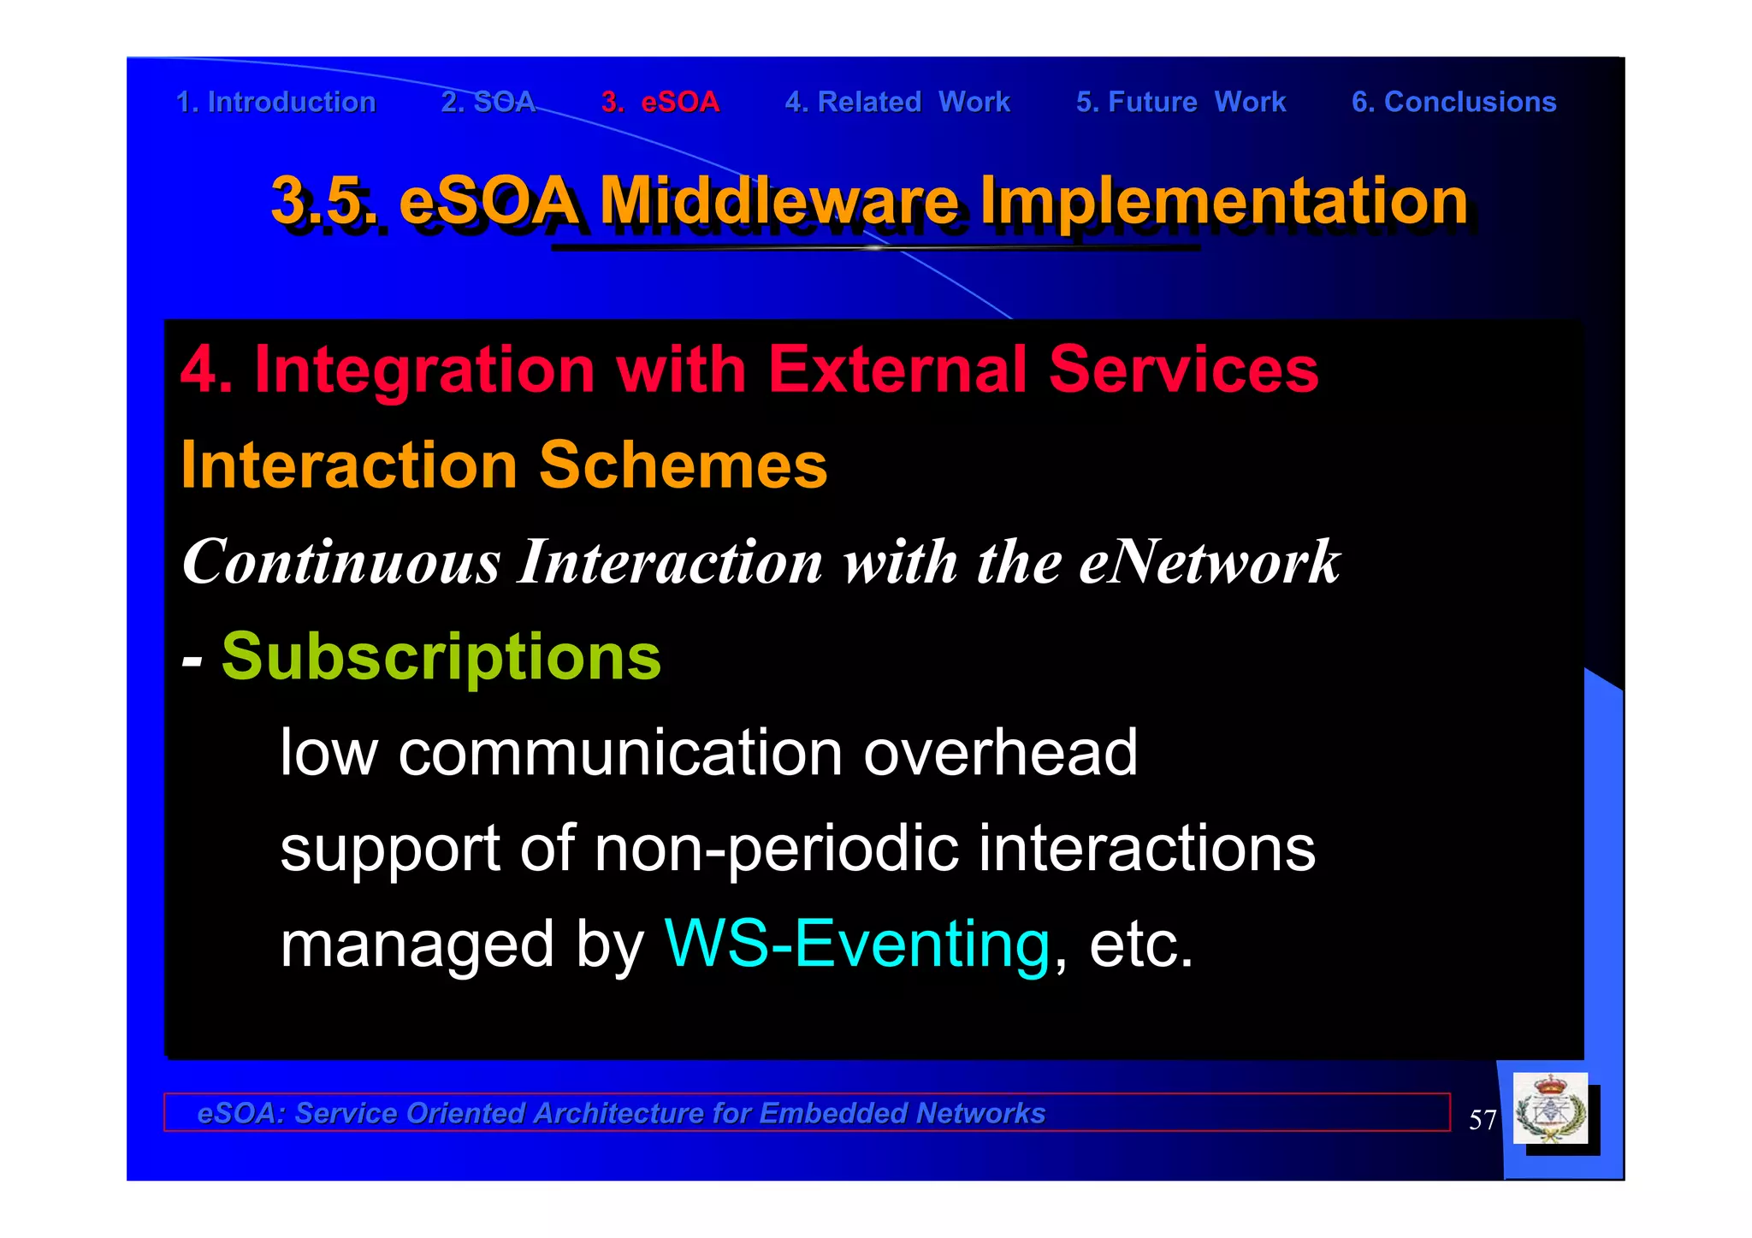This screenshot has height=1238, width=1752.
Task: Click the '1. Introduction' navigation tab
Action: pyautogui.click(x=275, y=102)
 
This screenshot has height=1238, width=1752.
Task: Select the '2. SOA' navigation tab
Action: pyautogui.click(x=488, y=102)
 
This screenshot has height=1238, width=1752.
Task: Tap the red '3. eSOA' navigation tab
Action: pyautogui.click(x=660, y=102)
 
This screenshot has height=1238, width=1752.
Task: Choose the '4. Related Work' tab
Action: pyautogui.click(x=897, y=102)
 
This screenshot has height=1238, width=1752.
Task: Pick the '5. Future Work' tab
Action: pyautogui.click(x=1181, y=102)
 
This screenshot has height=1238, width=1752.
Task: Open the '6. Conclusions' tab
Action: pyautogui.click(x=1453, y=102)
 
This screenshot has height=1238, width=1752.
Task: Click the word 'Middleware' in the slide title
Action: pyautogui.click(x=778, y=200)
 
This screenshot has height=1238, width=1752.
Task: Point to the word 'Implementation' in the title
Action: pyautogui.click(x=1223, y=200)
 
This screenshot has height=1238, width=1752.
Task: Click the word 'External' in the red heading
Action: pyautogui.click(x=897, y=370)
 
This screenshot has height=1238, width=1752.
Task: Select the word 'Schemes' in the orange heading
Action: pyautogui.click(x=683, y=465)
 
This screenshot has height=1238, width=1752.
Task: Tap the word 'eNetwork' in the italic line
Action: pyautogui.click(x=1209, y=562)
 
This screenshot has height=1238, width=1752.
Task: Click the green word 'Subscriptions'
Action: pyautogui.click(x=441, y=657)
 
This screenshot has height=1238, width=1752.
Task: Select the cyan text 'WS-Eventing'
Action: pyautogui.click(x=857, y=944)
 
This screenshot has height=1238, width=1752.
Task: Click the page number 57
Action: pyautogui.click(x=1482, y=1120)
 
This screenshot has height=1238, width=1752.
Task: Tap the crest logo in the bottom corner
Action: pyautogui.click(x=1550, y=1110)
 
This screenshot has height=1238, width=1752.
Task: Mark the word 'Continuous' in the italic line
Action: pyautogui.click(x=340, y=562)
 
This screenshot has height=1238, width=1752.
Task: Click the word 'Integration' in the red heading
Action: pyautogui.click(x=424, y=370)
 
